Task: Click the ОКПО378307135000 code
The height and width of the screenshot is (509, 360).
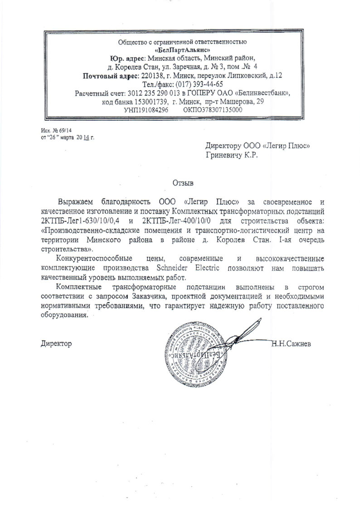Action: pyautogui.click(x=213, y=110)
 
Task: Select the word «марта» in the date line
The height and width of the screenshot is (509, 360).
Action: pyautogui.click(x=64, y=136)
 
